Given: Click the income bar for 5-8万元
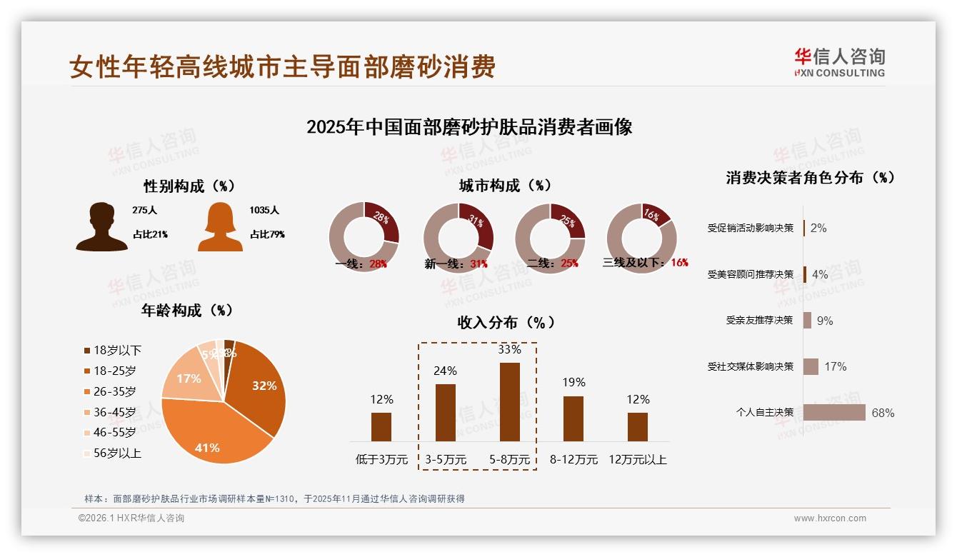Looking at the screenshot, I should point(509,401).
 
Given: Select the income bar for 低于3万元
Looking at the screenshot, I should point(381,426).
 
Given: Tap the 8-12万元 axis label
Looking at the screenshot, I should point(573,460).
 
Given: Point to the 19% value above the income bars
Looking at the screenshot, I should point(573,382).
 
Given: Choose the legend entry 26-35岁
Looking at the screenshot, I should point(114,391).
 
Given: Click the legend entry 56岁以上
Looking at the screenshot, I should point(117,453).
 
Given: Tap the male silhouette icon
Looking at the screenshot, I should point(101,226).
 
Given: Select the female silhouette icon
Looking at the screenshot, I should point(220,226).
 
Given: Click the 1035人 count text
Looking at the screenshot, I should point(264,211).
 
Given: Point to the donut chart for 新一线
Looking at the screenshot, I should point(459,237).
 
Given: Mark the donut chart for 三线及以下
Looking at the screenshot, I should point(641,237).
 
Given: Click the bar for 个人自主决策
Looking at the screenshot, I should point(834,413).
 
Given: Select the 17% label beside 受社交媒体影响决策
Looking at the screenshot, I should point(835,366).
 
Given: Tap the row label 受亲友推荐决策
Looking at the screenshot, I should point(759,321).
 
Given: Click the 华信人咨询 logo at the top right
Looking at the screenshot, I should point(839,62).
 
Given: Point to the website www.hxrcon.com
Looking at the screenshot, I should point(830,518).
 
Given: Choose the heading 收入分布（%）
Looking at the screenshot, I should point(506,322).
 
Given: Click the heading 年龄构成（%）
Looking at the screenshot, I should point(187,311).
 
